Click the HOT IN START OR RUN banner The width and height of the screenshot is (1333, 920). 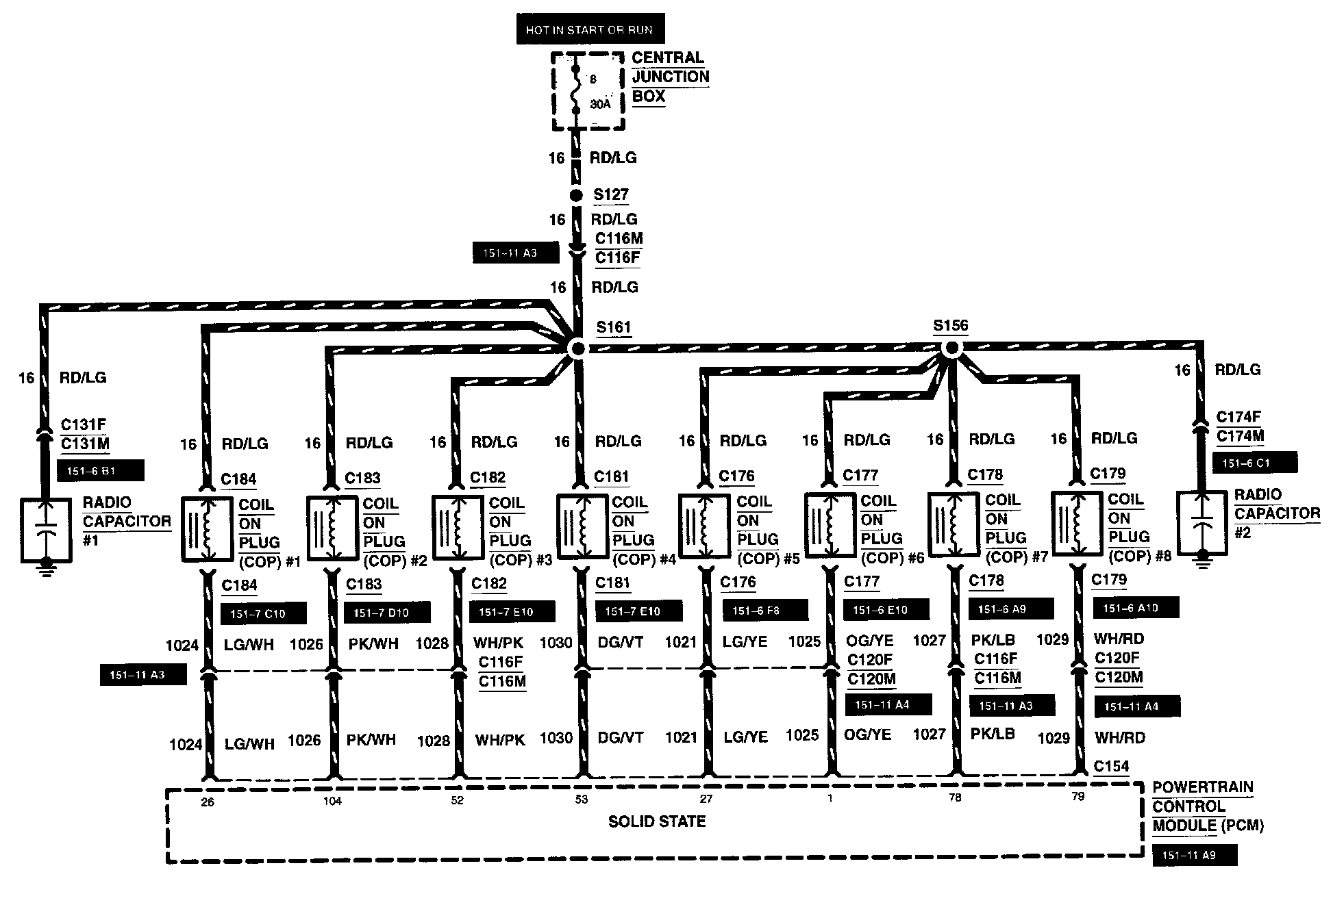tap(590, 29)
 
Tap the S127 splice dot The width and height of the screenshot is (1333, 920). tap(577, 196)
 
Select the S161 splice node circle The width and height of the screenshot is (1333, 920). tap(578, 349)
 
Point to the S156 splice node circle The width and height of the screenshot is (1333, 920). tap(951, 348)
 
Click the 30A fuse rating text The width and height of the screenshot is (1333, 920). tap(600, 105)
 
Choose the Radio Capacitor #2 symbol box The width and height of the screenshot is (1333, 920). tap(1201, 524)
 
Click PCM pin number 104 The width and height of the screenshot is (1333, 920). tap(332, 801)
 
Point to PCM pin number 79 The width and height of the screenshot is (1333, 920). tap(1078, 797)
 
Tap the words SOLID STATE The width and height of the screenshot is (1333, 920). tap(657, 821)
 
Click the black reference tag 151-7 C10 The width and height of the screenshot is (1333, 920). tap(263, 613)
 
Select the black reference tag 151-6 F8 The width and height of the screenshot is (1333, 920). tap(765, 610)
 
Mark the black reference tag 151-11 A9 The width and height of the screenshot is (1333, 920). tap(1195, 856)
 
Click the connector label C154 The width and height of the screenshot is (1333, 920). tap(1111, 766)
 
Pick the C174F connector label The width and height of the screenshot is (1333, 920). tap(1238, 417)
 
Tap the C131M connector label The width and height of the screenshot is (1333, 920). tap(85, 444)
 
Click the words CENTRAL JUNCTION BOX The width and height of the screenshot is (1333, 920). tap(669, 77)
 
